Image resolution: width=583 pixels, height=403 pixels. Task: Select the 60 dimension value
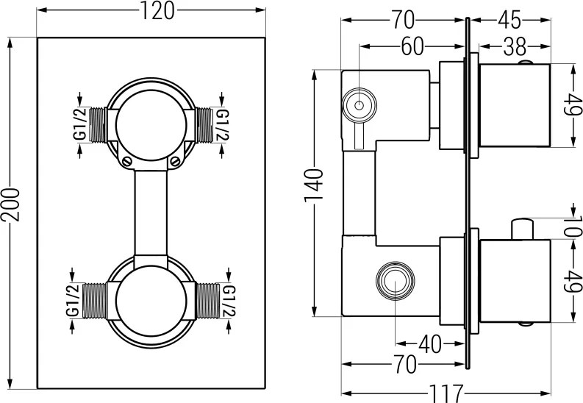pyautogui.click(x=412, y=46)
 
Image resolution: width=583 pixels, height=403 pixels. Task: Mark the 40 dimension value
pyautogui.click(x=432, y=343)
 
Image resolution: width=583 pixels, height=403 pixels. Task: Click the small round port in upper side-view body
pyautogui.click(x=360, y=105)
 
